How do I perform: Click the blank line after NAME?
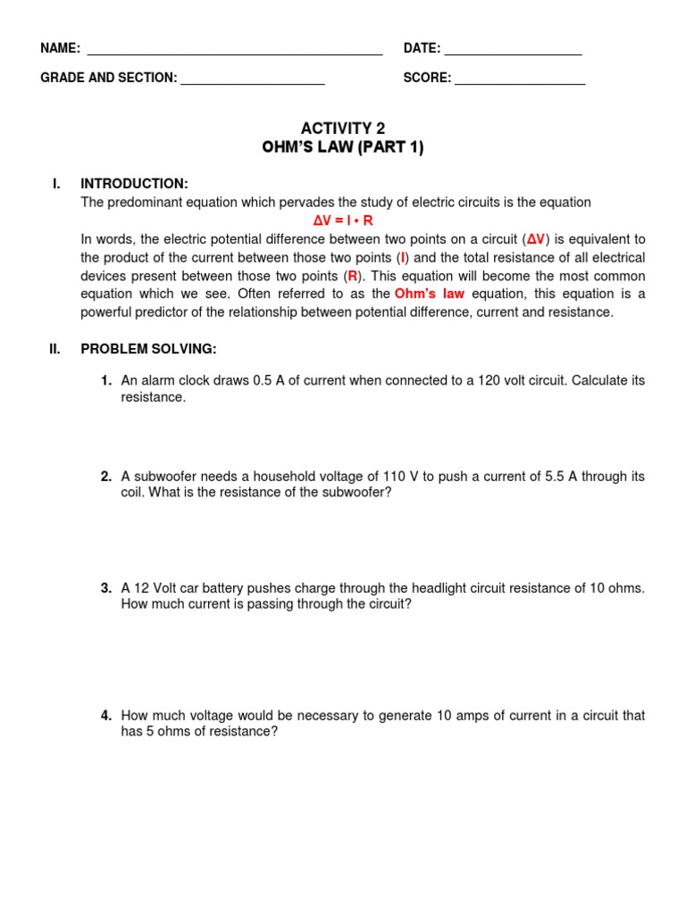pos(235,54)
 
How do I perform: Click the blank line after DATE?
pos(513,54)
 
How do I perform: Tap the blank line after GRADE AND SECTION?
pos(253,84)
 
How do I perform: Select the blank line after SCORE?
pos(520,84)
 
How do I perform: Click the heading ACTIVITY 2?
pos(343,129)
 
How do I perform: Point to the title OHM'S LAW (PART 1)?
pos(343,147)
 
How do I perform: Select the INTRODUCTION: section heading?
pos(134,184)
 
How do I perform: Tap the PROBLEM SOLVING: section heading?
pos(148,349)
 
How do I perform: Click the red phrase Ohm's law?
pos(430,294)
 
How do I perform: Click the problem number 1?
pos(105,381)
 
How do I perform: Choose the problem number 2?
pos(105,477)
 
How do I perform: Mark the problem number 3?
pos(105,588)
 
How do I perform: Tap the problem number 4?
pos(105,716)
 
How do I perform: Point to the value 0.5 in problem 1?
pos(263,381)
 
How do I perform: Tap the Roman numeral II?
pos(55,349)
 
